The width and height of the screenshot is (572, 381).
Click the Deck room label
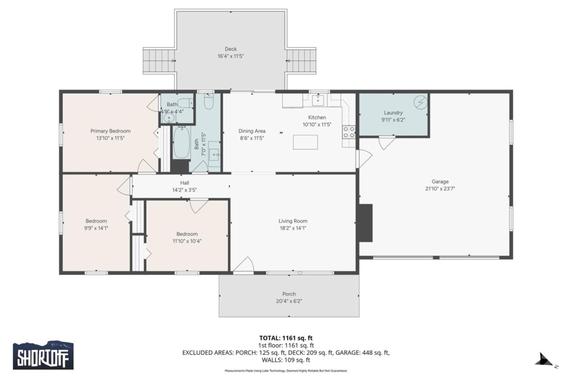coord(231,49)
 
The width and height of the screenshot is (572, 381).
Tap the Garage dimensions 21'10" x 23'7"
coord(440,189)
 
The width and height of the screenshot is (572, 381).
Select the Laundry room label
coord(393,112)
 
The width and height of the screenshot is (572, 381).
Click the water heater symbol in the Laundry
coord(420,102)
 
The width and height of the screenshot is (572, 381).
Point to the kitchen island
coord(306,142)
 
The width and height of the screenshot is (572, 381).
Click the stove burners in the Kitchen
coord(349,132)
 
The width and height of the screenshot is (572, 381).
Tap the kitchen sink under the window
coord(318,100)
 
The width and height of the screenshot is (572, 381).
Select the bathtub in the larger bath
coord(182,142)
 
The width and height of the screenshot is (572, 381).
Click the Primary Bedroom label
coord(110,131)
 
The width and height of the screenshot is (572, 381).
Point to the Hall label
coord(184,183)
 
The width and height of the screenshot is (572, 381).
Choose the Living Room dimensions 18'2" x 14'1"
coord(293,228)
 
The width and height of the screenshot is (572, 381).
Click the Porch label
coord(289,294)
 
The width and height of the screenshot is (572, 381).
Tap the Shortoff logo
coord(43,355)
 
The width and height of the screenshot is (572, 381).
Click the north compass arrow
coord(544,360)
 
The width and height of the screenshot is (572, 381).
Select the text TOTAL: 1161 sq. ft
coord(286,338)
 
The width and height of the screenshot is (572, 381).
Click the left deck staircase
coord(159,61)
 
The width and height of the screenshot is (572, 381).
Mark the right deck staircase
coord(301,61)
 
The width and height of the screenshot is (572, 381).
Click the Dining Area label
coord(252,131)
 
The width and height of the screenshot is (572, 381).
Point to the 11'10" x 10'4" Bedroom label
coord(187,234)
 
